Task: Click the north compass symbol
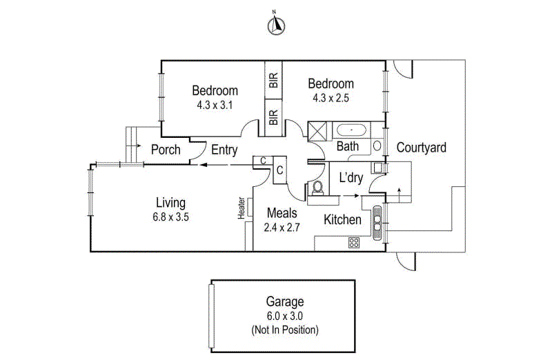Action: point(277,26)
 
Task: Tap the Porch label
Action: point(166,150)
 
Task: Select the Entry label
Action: point(224,150)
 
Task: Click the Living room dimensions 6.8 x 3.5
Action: point(170,217)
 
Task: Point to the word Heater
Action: point(241,208)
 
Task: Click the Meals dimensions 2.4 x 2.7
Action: point(282,228)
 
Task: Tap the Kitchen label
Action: point(342,219)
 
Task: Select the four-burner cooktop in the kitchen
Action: point(354,243)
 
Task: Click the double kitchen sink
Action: point(377,223)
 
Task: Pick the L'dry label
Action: point(351,178)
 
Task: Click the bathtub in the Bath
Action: point(351,130)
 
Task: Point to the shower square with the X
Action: point(317,131)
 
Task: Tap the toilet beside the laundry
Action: point(317,188)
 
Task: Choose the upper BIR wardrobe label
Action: point(273,80)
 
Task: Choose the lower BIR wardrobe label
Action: point(273,117)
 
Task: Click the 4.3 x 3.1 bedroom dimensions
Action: point(215,105)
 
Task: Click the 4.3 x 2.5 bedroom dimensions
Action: point(331,98)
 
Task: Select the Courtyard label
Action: point(422,148)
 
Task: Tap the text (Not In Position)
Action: point(285,330)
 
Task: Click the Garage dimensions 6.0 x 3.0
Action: point(285,316)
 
